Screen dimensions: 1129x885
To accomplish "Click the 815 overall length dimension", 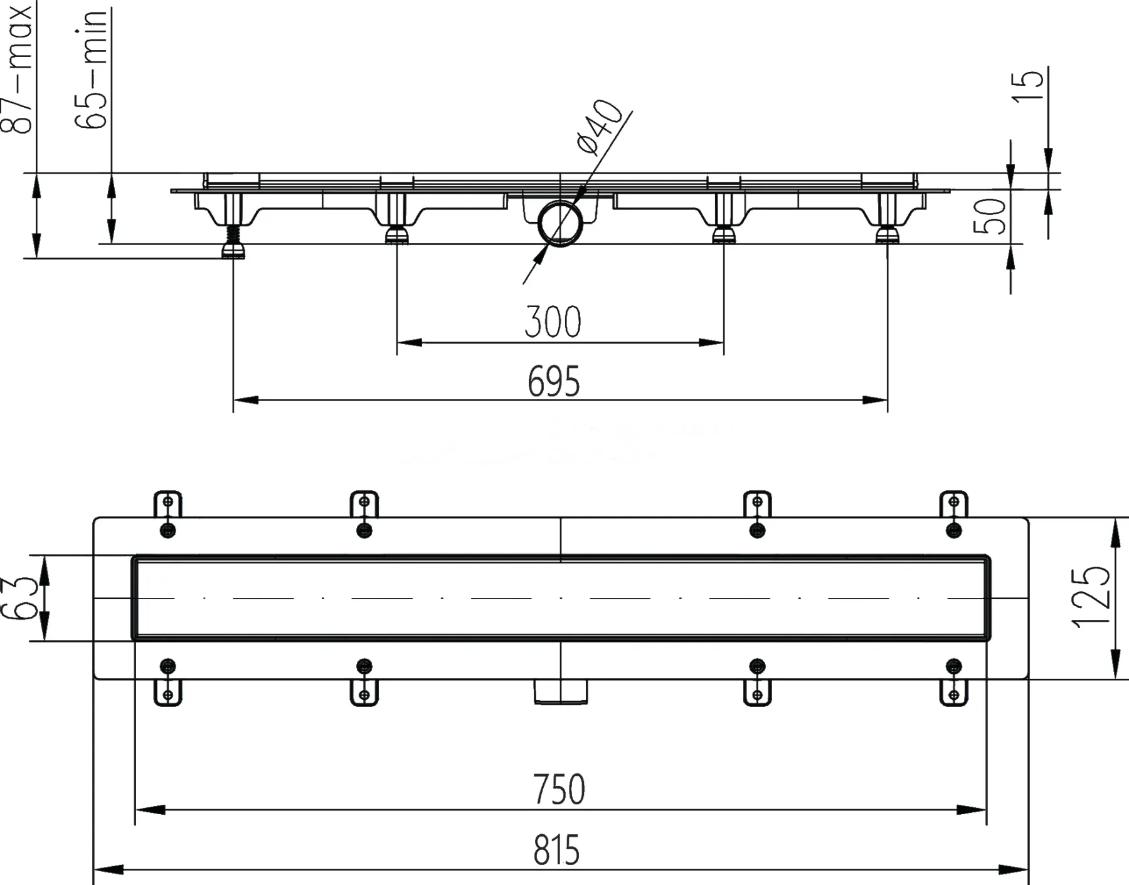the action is tap(556, 851).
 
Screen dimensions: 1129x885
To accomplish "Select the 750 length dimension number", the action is tap(559, 790).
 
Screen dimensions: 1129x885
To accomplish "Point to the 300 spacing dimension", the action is tap(553, 322).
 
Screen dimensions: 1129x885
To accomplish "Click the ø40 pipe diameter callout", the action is tap(600, 127).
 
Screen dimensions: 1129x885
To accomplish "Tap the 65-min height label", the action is tap(91, 70).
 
